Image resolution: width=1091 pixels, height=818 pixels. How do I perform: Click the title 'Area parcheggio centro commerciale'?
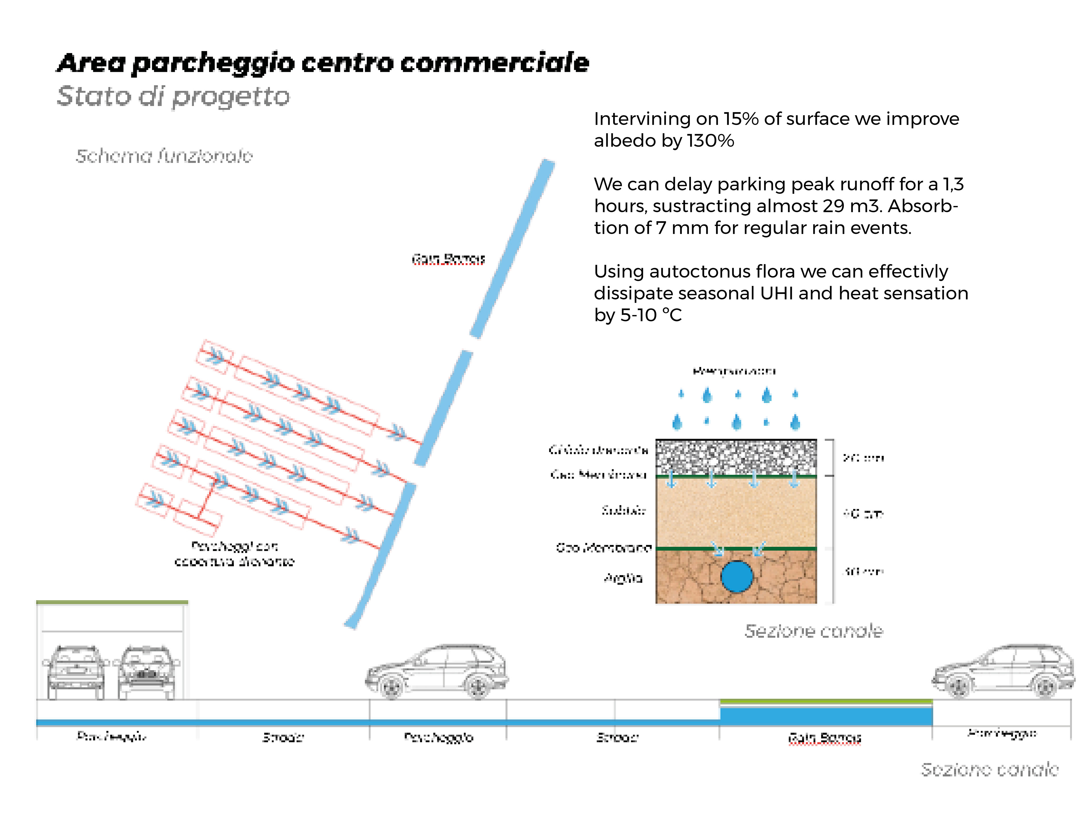pos(323,63)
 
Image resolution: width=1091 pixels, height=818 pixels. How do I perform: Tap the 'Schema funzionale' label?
pos(164,156)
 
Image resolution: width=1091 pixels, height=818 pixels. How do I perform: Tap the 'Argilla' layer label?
pos(623,578)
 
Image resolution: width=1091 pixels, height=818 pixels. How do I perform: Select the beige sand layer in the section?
pos(736,513)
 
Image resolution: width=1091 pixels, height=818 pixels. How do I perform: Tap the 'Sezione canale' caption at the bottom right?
pos(989,769)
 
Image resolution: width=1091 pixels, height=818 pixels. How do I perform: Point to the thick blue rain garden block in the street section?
pos(826,716)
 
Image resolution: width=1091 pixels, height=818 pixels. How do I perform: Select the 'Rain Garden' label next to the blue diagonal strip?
pos(448,258)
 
